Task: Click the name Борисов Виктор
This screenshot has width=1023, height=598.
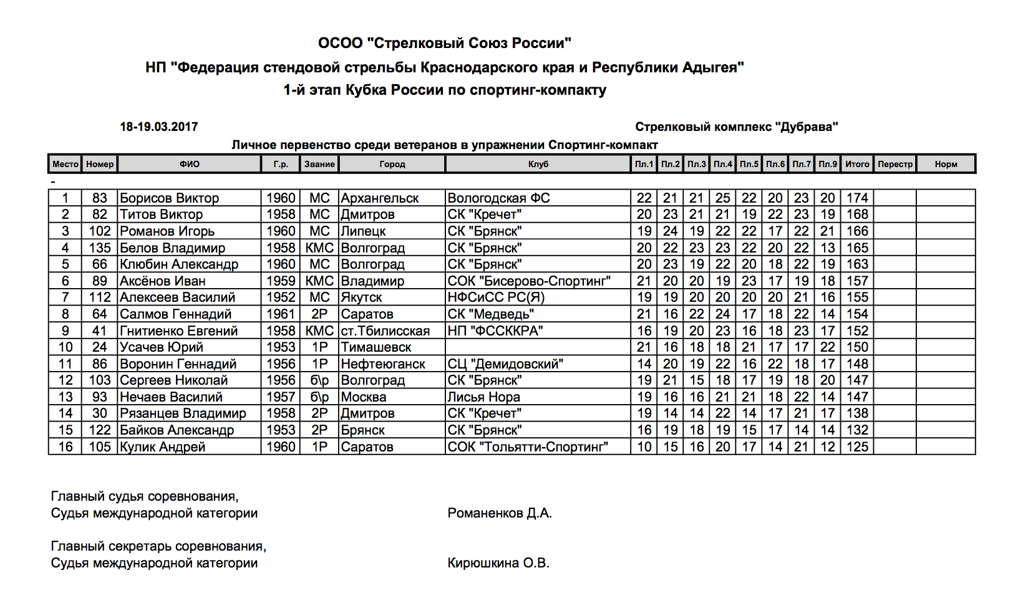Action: click(169, 198)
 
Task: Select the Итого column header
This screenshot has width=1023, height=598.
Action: click(857, 164)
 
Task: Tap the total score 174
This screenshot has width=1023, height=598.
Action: click(857, 198)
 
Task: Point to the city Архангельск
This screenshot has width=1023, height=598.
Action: click(380, 198)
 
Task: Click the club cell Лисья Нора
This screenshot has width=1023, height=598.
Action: click(483, 397)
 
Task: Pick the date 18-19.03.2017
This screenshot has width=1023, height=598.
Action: click(159, 127)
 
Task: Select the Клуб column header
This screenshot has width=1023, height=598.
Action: click(538, 164)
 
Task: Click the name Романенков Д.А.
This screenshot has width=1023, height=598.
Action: click(500, 513)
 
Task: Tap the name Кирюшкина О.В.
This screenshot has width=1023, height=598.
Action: click(498, 563)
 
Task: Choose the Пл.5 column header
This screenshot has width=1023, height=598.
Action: click(749, 164)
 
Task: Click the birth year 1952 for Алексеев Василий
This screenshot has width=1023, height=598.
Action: click(281, 297)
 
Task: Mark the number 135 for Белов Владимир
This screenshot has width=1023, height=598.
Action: click(100, 248)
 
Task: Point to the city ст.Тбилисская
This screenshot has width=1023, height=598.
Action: click(385, 331)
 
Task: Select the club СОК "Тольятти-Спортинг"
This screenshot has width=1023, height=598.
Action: click(528, 447)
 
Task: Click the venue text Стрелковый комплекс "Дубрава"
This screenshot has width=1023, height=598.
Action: click(736, 127)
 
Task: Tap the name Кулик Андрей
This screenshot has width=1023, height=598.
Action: click(162, 447)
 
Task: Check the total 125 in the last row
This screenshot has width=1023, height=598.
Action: click(857, 447)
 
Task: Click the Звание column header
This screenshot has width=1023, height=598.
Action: click(319, 164)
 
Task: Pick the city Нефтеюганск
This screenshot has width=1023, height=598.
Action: click(383, 364)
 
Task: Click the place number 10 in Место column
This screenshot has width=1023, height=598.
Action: click(65, 347)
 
